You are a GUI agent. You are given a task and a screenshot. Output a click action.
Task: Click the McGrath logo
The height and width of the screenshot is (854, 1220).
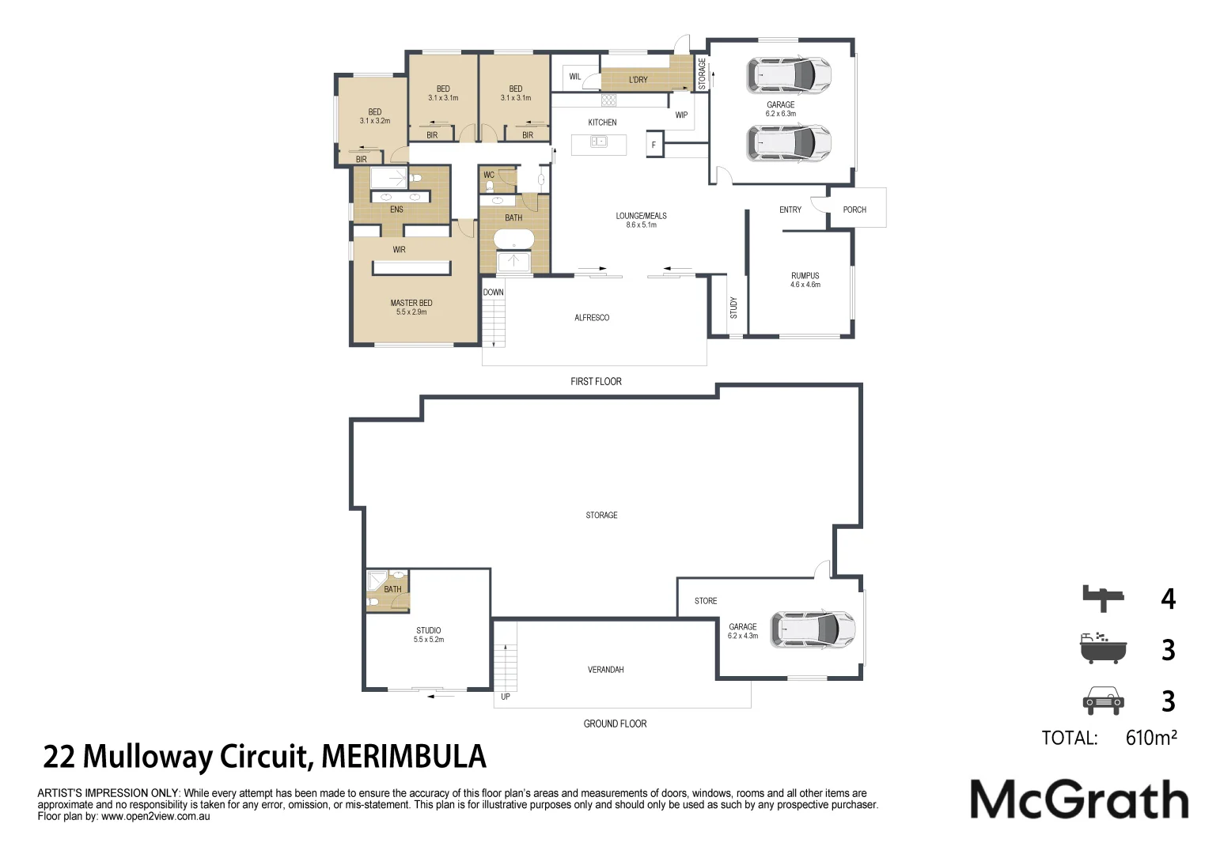click(x=1079, y=799)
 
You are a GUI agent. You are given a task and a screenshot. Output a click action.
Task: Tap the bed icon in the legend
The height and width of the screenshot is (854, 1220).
click(x=1103, y=598)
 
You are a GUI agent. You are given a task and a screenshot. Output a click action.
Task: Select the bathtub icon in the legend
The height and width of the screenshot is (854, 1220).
click(x=1103, y=648)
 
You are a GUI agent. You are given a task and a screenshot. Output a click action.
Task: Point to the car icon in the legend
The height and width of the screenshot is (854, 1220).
click(x=1103, y=701)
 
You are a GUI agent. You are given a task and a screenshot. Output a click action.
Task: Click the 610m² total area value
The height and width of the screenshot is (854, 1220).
click(x=1151, y=738)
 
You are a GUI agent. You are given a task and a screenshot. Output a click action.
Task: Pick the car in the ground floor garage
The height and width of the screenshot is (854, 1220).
click(x=813, y=629)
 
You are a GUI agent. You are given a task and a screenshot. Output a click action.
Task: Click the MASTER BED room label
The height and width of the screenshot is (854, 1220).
click(x=411, y=303)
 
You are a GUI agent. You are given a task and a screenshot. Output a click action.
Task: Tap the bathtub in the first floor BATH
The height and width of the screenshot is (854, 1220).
click(x=514, y=239)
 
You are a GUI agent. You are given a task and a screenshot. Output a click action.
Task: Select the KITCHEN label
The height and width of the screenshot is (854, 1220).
click(x=602, y=123)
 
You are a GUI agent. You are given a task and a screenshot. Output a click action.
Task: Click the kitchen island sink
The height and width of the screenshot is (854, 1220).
click(x=599, y=142)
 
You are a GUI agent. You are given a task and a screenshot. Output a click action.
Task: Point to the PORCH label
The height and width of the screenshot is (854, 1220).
click(x=854, y=210)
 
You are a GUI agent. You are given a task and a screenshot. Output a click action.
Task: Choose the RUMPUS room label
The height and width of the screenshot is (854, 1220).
click(x=805, y=276)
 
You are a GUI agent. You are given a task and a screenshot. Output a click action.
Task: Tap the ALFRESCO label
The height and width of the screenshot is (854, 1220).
click(x=592, y=318)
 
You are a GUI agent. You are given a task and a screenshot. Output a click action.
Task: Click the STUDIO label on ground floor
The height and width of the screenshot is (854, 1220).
click(x=428, y=630)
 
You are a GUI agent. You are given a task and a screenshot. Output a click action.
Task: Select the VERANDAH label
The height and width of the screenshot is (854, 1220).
click(x=605, y=670)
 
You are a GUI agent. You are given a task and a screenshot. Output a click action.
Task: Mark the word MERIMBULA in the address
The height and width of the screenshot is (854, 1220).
click(x=404, y=757)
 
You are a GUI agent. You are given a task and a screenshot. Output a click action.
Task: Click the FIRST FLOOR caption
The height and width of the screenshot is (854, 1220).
click(x=596, y=382)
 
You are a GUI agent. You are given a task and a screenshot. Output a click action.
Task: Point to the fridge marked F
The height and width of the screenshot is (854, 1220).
click(x=654, y=145)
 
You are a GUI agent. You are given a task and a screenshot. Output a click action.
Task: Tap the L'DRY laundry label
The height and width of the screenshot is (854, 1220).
click(x=638, y=80)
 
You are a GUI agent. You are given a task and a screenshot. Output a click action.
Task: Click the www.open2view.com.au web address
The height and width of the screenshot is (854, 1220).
click(x=155, y=817)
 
